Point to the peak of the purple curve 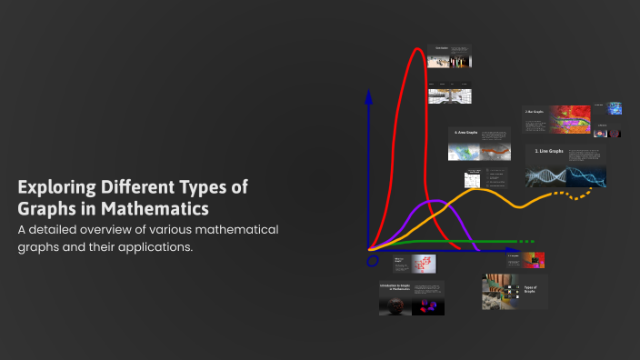point(436,201)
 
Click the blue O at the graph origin point(372,262)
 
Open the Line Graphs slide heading point(549,151)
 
